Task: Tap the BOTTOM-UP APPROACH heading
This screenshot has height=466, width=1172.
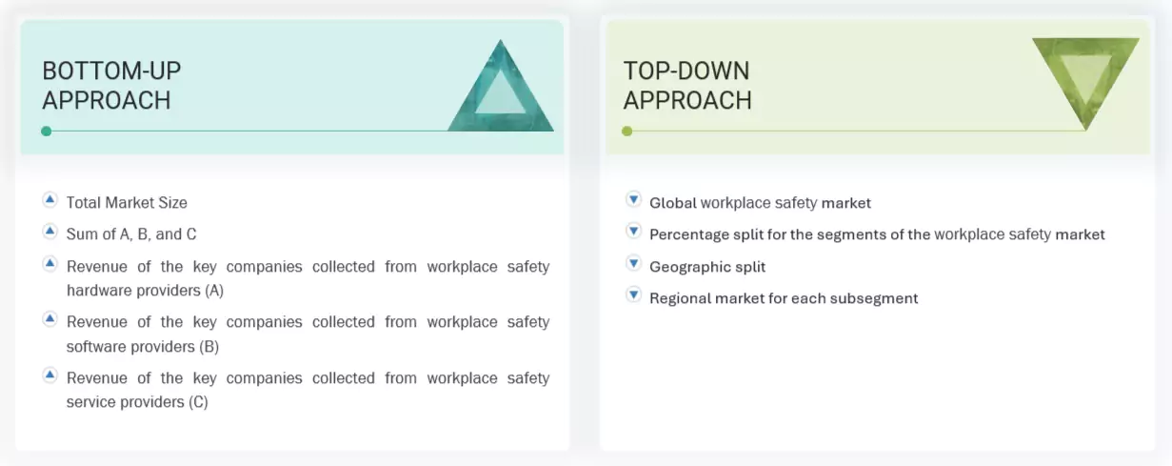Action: (x=111, y=85)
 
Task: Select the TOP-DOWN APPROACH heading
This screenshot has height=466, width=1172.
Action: (x=686, y=85)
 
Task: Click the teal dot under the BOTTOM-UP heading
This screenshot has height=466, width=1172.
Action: (x=46, y=131)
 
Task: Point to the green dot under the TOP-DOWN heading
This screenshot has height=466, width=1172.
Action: (x=626, y=131)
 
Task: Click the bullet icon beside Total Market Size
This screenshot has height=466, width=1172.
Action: (x=50, y=200)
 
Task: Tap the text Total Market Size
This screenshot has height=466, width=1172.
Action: (x=127, y=202)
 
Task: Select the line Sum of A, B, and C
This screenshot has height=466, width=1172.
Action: (x=131, y=233)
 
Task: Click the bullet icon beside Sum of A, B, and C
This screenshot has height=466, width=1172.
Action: (x=50, y=232)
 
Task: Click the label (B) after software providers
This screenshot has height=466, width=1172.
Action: (x=209, y=346)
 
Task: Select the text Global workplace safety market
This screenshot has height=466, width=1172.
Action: (x=760, y=202)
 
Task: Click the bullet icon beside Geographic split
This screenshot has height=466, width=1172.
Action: (x=633, y=264)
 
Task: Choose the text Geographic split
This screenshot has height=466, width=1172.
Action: (x=707, y=267)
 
